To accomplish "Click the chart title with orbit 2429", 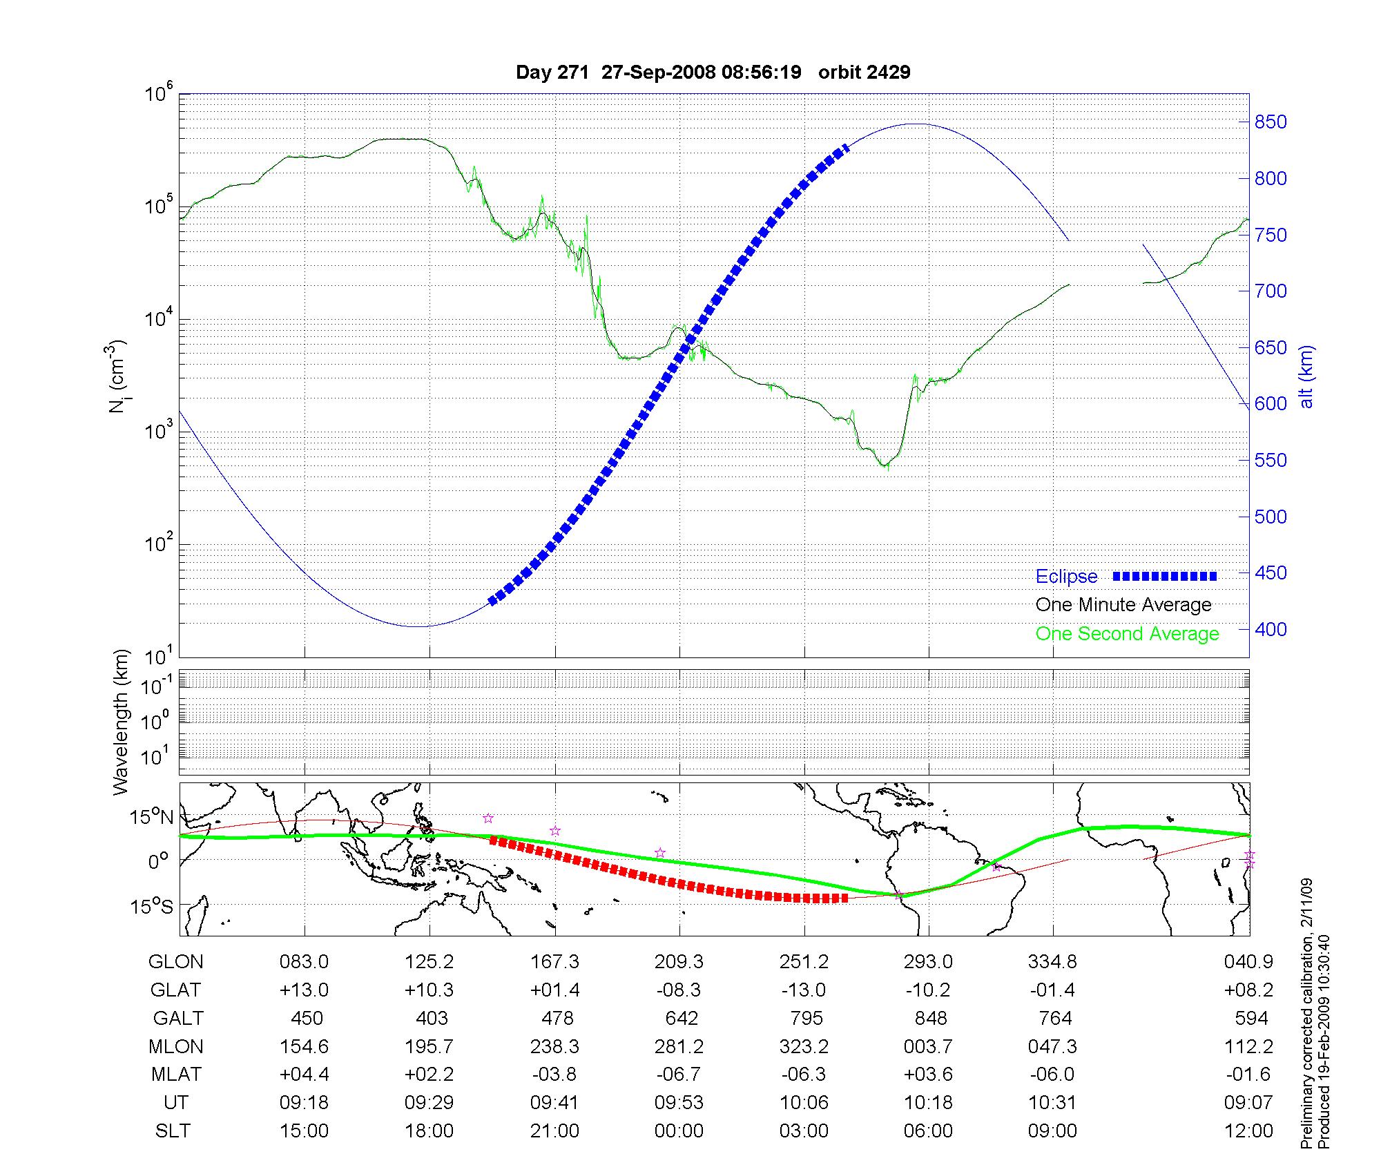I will click(713, 73).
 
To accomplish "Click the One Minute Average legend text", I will click(1123, 605).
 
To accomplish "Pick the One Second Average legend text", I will click(1127, 634).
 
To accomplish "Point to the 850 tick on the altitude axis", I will click(1271, 122).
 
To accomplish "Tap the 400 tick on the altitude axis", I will click(1271, 629).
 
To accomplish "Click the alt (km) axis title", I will click(1306, 376).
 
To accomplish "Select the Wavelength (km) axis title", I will click(122, 722).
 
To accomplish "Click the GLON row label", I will click(175, 961).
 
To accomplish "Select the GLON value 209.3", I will click(679, 961).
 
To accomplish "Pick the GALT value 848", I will click(930, 1018).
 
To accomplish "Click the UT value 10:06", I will click(804, 1102).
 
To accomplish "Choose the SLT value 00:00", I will click(679, 1130).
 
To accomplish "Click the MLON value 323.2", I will click(804, 1046).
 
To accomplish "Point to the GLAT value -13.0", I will click(804, 990).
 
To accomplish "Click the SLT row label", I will click(173, 1130).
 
